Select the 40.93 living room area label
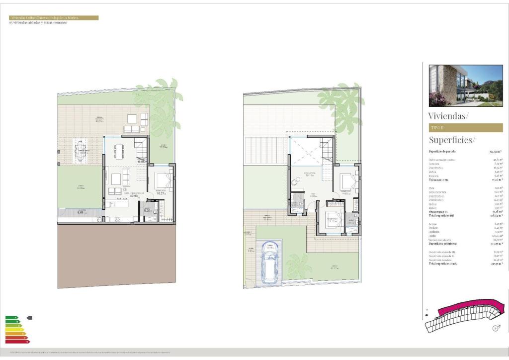point(133,195)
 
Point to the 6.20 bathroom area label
point(147,211)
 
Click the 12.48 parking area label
point(269,247)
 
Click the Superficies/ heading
point(452,140)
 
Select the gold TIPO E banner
point(466,128)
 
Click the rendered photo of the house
point(466,86)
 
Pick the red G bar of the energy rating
point(17,342)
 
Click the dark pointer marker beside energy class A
point(29,317)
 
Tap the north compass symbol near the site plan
point(496,328)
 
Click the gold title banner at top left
point(54,18)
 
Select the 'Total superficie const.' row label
point(443,264)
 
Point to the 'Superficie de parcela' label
point(442,151)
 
